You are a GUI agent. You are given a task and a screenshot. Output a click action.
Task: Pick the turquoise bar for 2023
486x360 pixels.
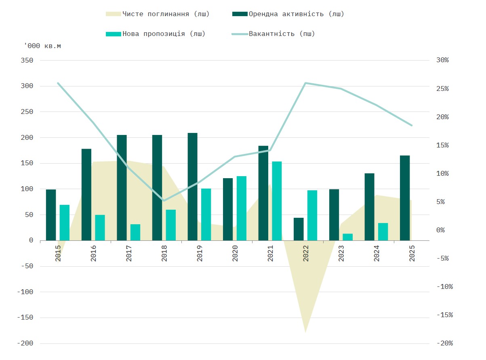click(347, 237)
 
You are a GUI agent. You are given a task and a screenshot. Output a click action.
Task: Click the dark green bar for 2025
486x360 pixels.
click(405, 198)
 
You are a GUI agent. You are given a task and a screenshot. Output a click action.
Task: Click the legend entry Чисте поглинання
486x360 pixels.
click(166, 14)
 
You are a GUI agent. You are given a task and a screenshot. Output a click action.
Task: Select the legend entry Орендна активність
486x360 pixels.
click(296, 14)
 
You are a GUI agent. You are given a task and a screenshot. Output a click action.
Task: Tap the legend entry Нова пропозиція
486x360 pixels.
click(164, 34)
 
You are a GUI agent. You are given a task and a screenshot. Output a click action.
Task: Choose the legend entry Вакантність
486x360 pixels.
click(282, 34)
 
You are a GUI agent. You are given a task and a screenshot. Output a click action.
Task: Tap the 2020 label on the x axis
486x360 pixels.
click(235, 253)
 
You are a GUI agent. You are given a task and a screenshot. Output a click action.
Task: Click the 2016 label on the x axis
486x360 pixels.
click(94, 253)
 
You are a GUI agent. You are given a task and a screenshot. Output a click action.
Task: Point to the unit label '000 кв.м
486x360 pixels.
click(42, 46)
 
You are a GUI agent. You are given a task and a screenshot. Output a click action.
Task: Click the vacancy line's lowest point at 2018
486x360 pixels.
click(164, 200)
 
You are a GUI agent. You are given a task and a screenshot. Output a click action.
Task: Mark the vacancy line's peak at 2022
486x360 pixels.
click(306, 83)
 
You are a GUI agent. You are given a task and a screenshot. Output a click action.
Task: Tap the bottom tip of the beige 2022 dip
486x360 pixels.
click(306, 332)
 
